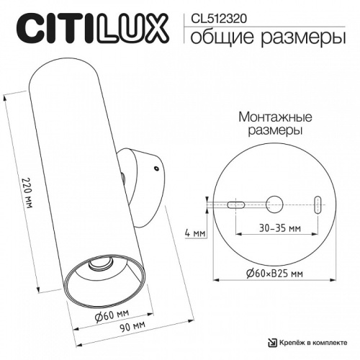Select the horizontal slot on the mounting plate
(x=235, y=204)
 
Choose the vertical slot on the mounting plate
(x=318, y=204)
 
